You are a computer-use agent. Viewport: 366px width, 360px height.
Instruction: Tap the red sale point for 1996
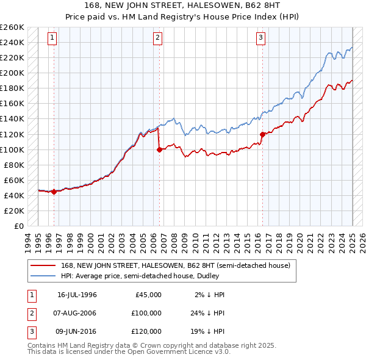54,192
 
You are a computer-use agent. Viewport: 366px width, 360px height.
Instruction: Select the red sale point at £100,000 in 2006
159,149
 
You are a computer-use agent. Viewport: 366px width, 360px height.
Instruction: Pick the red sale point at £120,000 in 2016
262,134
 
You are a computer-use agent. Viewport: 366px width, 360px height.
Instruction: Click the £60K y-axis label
15,180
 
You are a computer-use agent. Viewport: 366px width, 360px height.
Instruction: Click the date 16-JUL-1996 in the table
77,295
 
